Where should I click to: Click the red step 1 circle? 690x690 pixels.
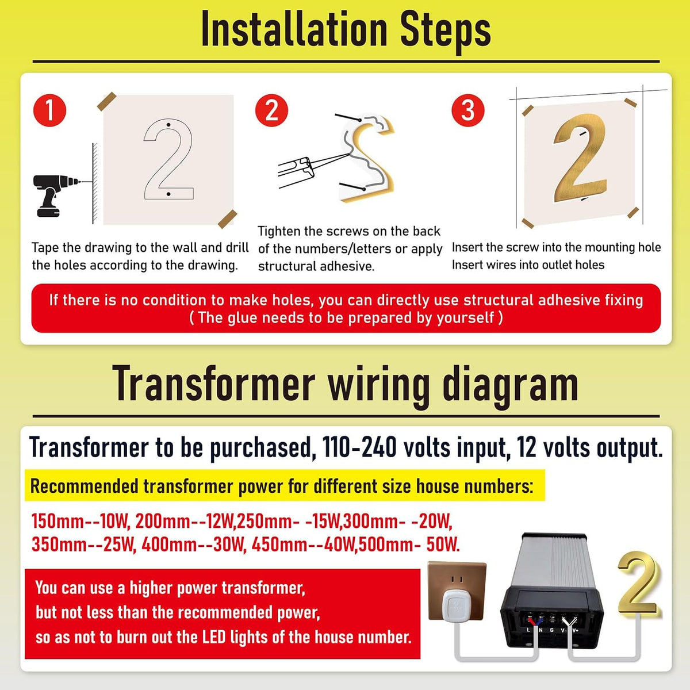50,110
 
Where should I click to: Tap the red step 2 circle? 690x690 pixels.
271,110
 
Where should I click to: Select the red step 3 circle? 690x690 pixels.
467,110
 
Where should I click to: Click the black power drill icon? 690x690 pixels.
53,195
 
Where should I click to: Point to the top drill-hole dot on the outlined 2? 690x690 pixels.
168,125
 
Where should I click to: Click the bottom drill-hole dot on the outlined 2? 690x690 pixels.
168,194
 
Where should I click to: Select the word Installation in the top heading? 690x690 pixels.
294,29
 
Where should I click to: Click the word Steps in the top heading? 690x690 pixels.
445,32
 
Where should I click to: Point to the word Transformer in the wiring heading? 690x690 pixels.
214,384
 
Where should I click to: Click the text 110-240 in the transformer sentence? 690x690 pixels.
359,447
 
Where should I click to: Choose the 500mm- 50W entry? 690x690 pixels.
409,545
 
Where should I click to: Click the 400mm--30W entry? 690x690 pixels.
194,545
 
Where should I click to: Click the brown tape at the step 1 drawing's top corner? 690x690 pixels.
107,101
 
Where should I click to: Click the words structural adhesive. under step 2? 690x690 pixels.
316,266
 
